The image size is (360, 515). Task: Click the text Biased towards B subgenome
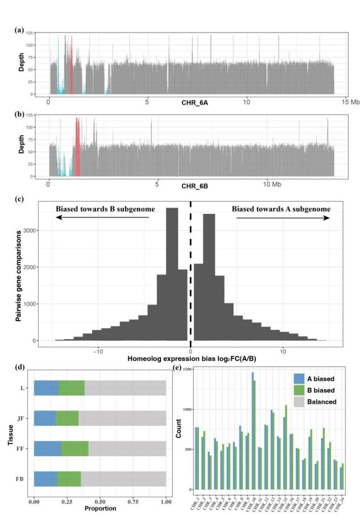click(x=103, y=209)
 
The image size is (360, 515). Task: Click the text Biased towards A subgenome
click(x=281, y=209)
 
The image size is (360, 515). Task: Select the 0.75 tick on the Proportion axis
click(x=133, y=502)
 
